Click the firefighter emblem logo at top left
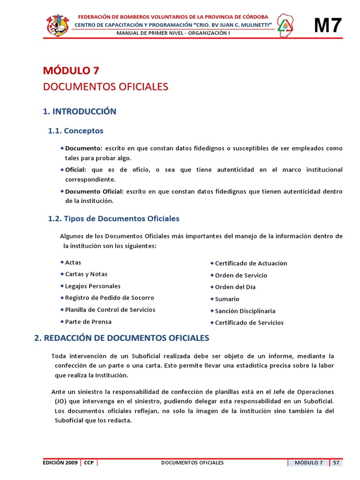click(x=58, y=24)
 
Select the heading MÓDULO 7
click(x=71, y=71)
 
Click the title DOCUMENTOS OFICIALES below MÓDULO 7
click(x=105, y=87)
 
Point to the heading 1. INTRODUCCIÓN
click(x=79, y=112)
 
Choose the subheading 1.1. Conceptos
click(x=75, y=131)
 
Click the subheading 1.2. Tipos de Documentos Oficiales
click(x=113, y=218)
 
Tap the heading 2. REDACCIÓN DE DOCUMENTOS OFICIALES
click(x=121, y=338)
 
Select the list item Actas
click(x=73, y=262)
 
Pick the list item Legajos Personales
click(x=93, y=286)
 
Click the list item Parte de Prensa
click(x=88, y=322)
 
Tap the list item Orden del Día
click(x=235, y=287)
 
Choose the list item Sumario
click(x=227, y=299)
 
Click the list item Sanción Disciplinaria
click(x=245, y=311)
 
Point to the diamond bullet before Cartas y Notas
click(x=62, y=274)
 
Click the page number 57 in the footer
click(x=336, y=463)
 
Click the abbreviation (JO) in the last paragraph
click(x=60, y=402)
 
